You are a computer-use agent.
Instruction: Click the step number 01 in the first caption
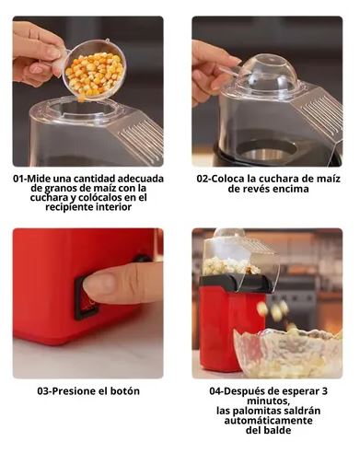point(19,179)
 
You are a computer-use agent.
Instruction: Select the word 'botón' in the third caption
point(123,390)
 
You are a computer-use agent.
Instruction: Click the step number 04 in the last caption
point(215,390)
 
